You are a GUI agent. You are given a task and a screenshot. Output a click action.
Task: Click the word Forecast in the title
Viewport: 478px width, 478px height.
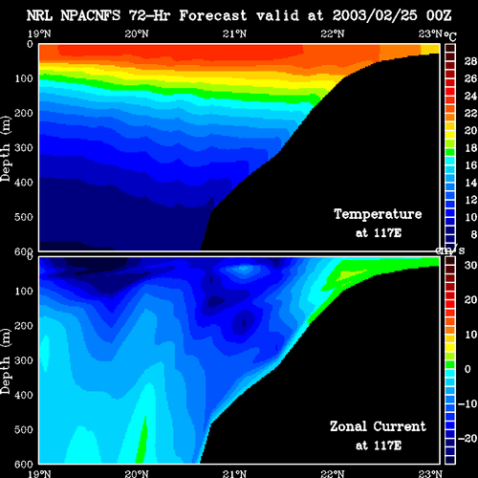coord(213,15)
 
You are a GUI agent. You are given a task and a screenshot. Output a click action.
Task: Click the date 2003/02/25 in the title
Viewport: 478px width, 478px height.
coord(375,15)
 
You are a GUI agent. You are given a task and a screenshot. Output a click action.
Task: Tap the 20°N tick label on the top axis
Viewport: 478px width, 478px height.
coord(137,33)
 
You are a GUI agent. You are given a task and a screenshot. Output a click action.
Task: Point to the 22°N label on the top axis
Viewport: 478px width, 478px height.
coord(333,33)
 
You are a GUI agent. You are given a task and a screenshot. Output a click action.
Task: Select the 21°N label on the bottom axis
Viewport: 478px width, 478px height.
coord(234,473)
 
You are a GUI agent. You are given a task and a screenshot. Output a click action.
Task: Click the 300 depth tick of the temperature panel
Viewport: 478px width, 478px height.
coord(24,148)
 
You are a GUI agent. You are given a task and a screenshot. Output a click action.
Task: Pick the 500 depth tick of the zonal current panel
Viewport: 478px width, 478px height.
coord(24,429)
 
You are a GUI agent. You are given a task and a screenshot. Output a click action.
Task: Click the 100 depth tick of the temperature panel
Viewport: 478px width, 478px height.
coord(24,78)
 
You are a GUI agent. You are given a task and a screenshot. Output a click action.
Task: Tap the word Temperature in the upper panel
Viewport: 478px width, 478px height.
coord(378,214)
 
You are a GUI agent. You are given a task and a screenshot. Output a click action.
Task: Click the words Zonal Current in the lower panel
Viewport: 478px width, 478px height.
coord(378,426)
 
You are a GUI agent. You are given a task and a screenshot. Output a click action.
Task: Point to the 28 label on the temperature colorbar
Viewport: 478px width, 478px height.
coord(470,61)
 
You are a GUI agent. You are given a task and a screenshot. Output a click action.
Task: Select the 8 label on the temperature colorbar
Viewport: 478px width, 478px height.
coord(474,234)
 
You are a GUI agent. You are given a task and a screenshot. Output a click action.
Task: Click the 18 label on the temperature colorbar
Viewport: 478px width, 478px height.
coord(470,148)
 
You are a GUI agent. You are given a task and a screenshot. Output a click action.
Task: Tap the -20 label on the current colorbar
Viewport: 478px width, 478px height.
coord(467,439)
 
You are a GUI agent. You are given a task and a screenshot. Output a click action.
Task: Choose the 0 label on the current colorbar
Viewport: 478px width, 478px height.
coord(467,369)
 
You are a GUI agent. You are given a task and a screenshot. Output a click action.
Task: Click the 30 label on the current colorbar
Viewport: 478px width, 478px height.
coord(470,265)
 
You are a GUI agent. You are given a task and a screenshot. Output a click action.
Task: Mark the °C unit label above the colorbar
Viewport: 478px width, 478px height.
coord(450,36)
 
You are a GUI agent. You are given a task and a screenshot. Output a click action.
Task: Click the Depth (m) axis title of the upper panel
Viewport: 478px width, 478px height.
coord(6,149)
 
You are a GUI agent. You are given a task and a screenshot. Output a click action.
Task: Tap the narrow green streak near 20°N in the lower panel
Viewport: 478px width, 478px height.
coord(141,441)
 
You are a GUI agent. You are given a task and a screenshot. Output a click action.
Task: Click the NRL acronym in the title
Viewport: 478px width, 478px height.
coord(39,15)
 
